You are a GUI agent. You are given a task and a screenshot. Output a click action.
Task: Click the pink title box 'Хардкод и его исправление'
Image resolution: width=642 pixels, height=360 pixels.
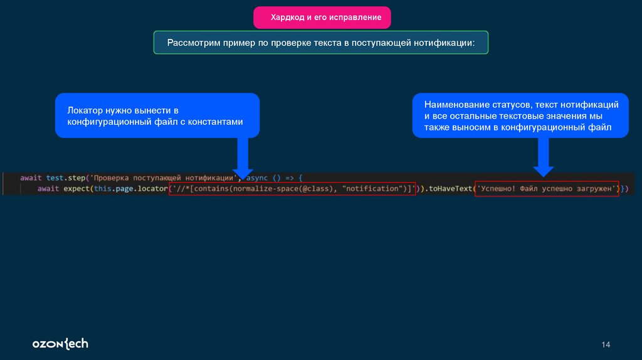pyautogui.click(x=322, y=18)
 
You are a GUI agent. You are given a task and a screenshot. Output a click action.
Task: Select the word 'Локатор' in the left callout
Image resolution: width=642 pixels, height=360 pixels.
pyautogui.click(x=85, y=110)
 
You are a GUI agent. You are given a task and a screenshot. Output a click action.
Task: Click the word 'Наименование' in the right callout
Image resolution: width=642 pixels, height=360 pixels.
pyautogui.click(x=453, y=104)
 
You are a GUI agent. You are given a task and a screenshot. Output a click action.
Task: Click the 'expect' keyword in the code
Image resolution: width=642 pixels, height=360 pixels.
pyautogui.click(x=76, y=188)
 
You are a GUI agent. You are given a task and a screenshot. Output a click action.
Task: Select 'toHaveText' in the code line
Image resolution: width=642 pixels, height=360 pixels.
pyautogui.click(x=450, y=188)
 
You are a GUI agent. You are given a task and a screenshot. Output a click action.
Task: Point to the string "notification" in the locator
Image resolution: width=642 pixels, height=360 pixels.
pyautogui.click(x=372, y=188)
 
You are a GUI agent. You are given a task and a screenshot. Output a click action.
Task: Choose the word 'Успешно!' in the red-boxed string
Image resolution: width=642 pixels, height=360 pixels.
pyautogui.click(x=498, y=188)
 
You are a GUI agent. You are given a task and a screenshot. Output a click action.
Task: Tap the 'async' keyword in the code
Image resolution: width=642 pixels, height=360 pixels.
pyautogui.click(x=256, y=178)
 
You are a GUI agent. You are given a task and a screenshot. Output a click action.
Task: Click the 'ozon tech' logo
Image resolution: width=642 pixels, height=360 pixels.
pyautogui.click(x=60, y=344)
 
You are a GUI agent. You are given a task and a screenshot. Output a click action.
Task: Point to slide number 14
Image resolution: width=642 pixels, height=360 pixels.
pyautogui.click(x=606, y=345)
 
